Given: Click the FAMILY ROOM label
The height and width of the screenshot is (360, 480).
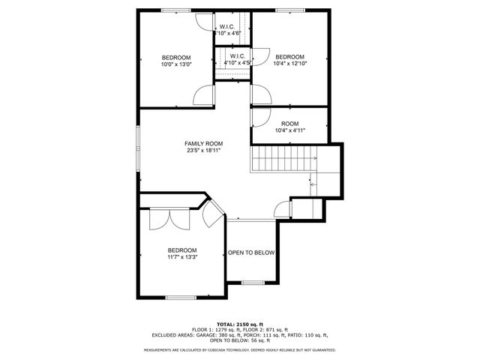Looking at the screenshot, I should tap(204, 143).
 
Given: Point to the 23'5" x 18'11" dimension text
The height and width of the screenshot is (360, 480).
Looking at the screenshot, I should tap(204, 151).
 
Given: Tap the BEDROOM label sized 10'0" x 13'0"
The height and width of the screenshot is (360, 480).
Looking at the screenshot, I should tap(176, 58).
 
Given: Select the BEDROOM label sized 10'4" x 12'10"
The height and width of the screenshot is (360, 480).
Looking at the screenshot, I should tap(289, 57).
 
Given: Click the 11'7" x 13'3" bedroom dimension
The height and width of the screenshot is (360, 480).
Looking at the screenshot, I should tap(182, 257).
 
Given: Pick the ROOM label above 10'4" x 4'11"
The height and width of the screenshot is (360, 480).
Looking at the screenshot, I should tap(289, 124).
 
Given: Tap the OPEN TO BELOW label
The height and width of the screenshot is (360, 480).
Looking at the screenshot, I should tap(251, 253).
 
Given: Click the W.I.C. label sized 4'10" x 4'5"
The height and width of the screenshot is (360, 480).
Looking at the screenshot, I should tap(237, 56).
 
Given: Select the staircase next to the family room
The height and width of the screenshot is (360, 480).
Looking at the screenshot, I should tap(283, 160).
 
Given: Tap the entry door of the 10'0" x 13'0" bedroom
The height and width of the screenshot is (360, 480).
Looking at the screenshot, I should tap(204, 95).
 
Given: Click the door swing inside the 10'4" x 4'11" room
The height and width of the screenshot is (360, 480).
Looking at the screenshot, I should tap(260, 116).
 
